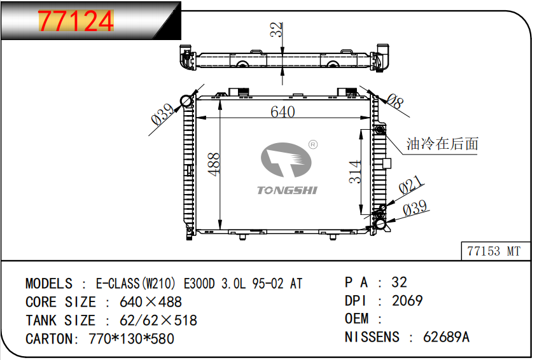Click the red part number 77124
pyautogui.click(x=76, y=21)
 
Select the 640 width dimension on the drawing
pyautogui.click(x=282, y=112)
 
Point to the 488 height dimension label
pyautogui.click(x=214, y=164)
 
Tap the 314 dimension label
pyautogui.click(x=355, y=172)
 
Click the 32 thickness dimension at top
pyautogui.click(x=276, y=29)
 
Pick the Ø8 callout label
pyautogui.click(x=395, y=101)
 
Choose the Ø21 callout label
pyautogui.click(x=410, y=185)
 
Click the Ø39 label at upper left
pyautogui.click(x=162, y=114)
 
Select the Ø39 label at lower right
pyautogui.click(x=415, y=208)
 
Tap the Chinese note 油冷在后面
pyautogui.click(x=442, y=144)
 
